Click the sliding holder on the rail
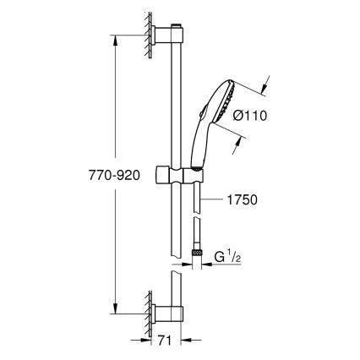(180, 179)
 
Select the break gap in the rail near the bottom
(177, 266)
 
